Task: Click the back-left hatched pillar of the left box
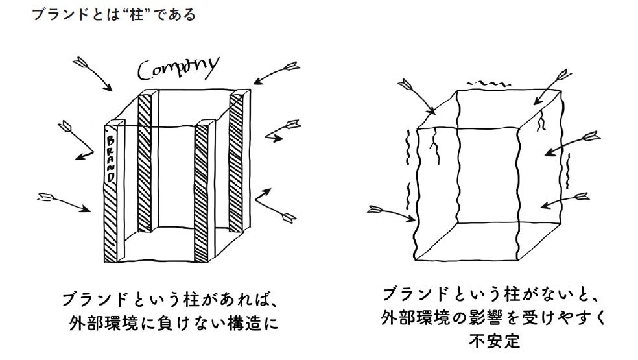(146, 162)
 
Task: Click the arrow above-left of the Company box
(95, 73)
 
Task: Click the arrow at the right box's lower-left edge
(391, 213)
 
